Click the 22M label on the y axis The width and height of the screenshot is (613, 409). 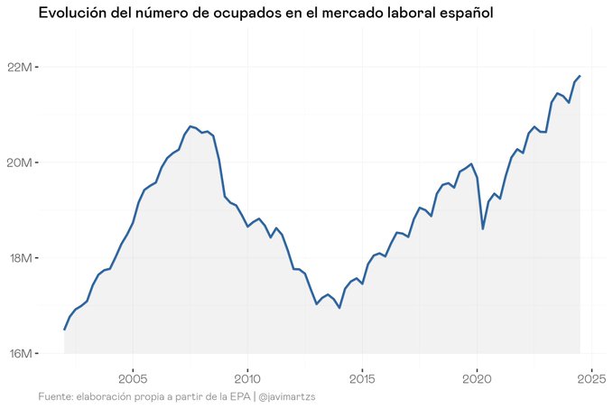21,67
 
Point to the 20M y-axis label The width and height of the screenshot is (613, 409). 21,163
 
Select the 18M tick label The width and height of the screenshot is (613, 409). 21,258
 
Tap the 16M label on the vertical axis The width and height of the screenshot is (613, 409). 21,353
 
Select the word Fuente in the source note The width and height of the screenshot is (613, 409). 55,396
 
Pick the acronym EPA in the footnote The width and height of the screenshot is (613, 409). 240,396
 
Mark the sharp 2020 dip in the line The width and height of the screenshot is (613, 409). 483,228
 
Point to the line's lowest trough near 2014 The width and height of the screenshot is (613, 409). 339,308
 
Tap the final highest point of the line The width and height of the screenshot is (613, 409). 580,76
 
